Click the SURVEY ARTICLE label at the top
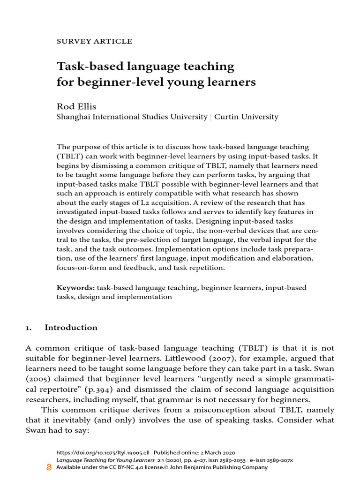coord(94,41)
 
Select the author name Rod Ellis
coord(76,106)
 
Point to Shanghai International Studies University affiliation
coord(132,117)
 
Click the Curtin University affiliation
coord(246,117)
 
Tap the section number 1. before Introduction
coord(29,328)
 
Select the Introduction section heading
coord(71,328)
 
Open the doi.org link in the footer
coord(103,453)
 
